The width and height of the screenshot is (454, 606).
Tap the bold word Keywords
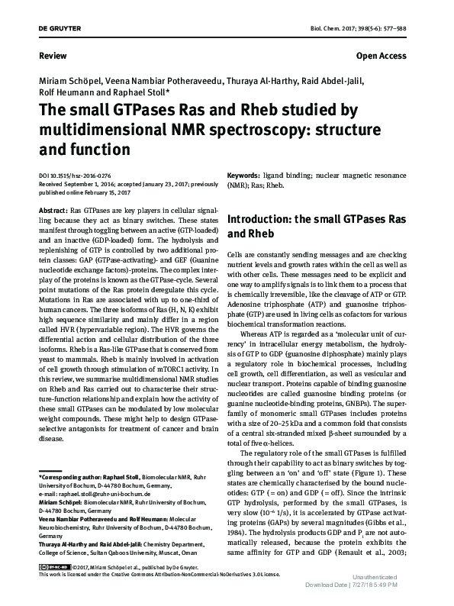246,176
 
